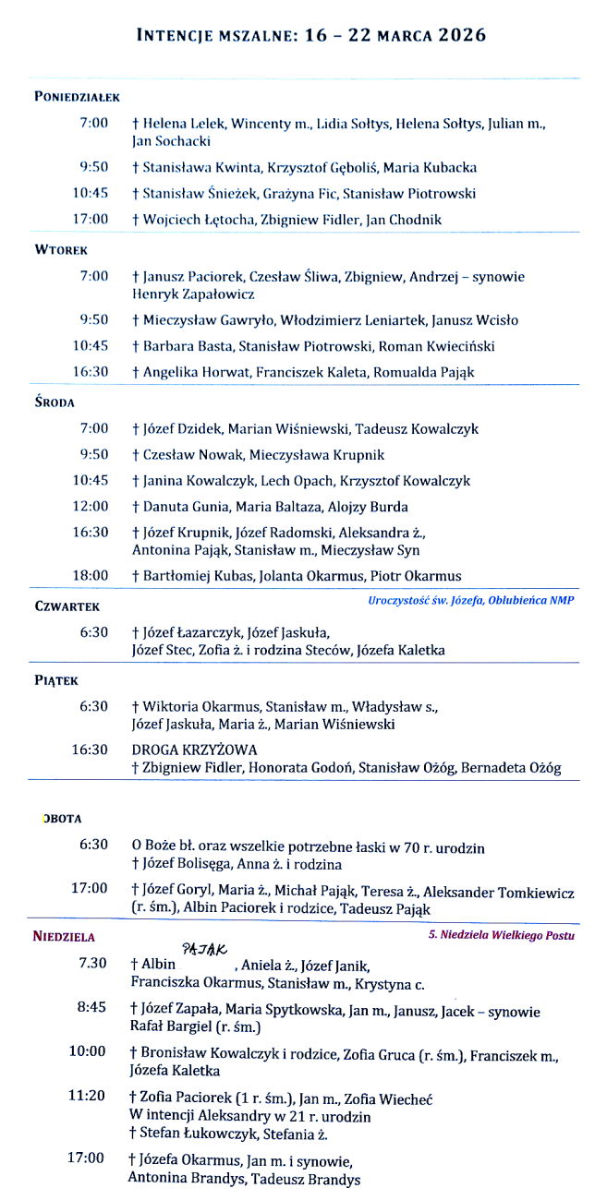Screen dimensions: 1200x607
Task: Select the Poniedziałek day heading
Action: pos(77,96)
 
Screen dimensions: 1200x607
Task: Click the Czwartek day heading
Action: pos(67,606)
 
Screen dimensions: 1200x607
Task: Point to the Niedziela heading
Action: pos(64,936)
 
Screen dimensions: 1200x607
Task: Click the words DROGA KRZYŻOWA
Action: pos(194,750)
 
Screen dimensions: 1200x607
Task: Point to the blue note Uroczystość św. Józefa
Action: pos(470,601)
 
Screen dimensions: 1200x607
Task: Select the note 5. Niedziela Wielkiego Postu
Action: pos(502,935)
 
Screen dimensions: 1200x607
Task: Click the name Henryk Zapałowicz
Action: pos(194,294)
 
